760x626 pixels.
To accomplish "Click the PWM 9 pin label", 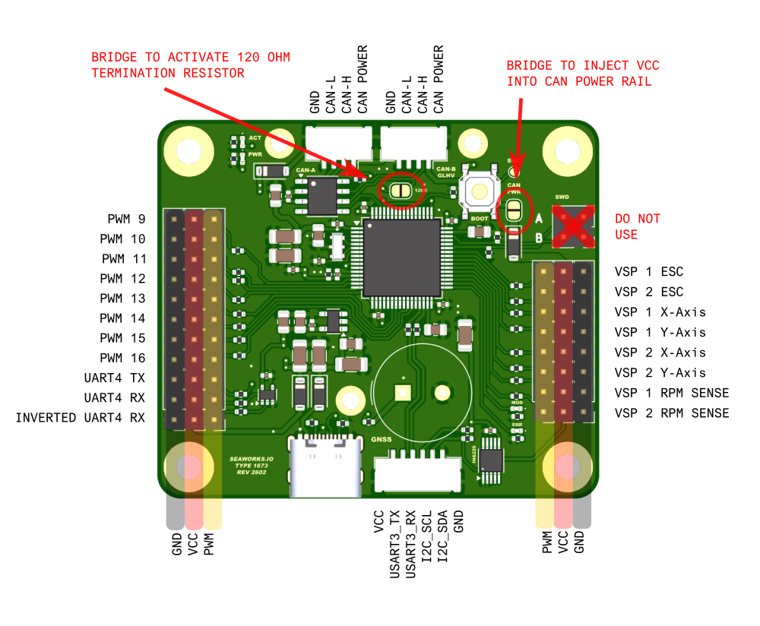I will pos(126,219).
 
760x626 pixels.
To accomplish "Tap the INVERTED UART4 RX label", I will pos(80,418).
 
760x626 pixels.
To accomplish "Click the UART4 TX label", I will pos(115,378).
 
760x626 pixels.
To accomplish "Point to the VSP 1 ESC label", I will pos(649,271).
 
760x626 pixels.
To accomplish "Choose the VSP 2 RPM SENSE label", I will pos(672,413).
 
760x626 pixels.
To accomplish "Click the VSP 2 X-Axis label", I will pos(660,353).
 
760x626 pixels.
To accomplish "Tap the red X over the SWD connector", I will pos(573,226).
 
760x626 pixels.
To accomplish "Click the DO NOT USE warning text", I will pos(638,226).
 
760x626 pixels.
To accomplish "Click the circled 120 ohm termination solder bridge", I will pos(401,191).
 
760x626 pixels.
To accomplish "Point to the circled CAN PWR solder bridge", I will pos(515,209).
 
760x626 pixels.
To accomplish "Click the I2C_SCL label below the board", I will pos(427,536).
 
